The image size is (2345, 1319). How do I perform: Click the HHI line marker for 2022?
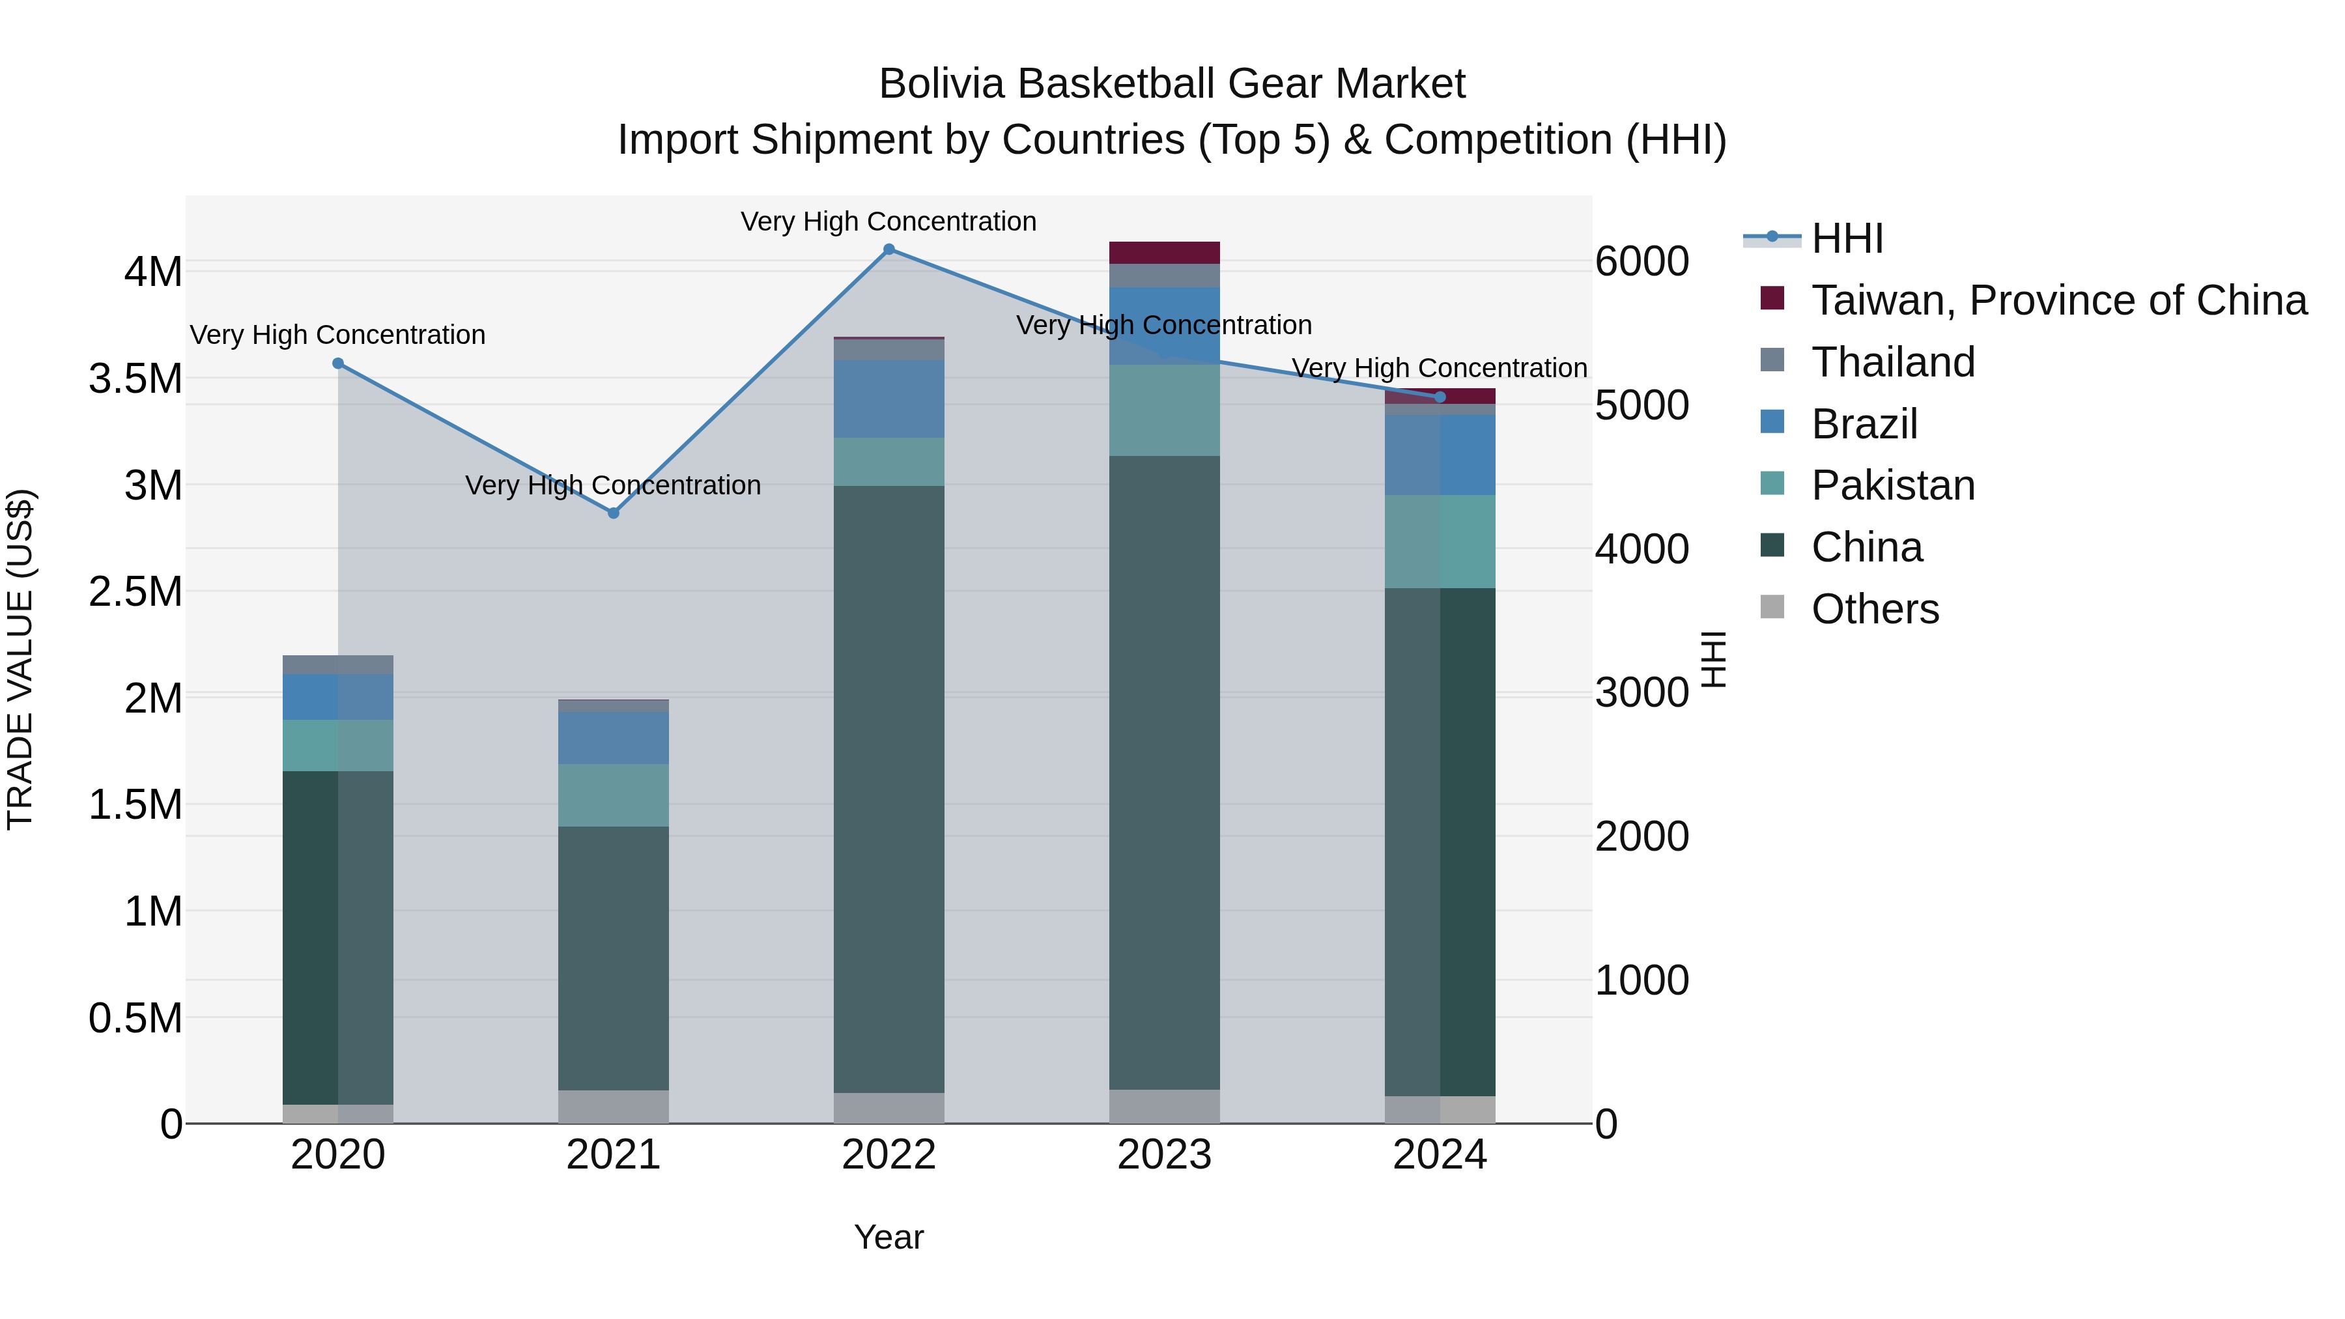[889, 249]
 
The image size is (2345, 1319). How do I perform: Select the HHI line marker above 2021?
[614, 513]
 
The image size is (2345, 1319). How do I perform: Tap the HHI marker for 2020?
[337, 363]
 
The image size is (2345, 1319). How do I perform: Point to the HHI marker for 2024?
[1440, 397]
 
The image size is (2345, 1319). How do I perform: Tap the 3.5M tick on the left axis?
[135, 378]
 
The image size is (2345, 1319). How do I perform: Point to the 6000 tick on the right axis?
[1642, 261]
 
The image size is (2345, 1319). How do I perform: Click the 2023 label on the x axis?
[1164, 1155]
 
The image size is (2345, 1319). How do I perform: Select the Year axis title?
[888, 1237]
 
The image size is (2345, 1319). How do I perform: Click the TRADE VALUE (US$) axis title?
[20, 659]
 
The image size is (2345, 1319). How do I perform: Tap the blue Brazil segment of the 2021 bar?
[614, 737]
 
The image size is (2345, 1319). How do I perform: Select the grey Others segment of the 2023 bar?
[1164, 1106]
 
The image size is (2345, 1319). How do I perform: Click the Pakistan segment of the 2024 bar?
[1440, 542]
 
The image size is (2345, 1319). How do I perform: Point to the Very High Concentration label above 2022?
[888, 221]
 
